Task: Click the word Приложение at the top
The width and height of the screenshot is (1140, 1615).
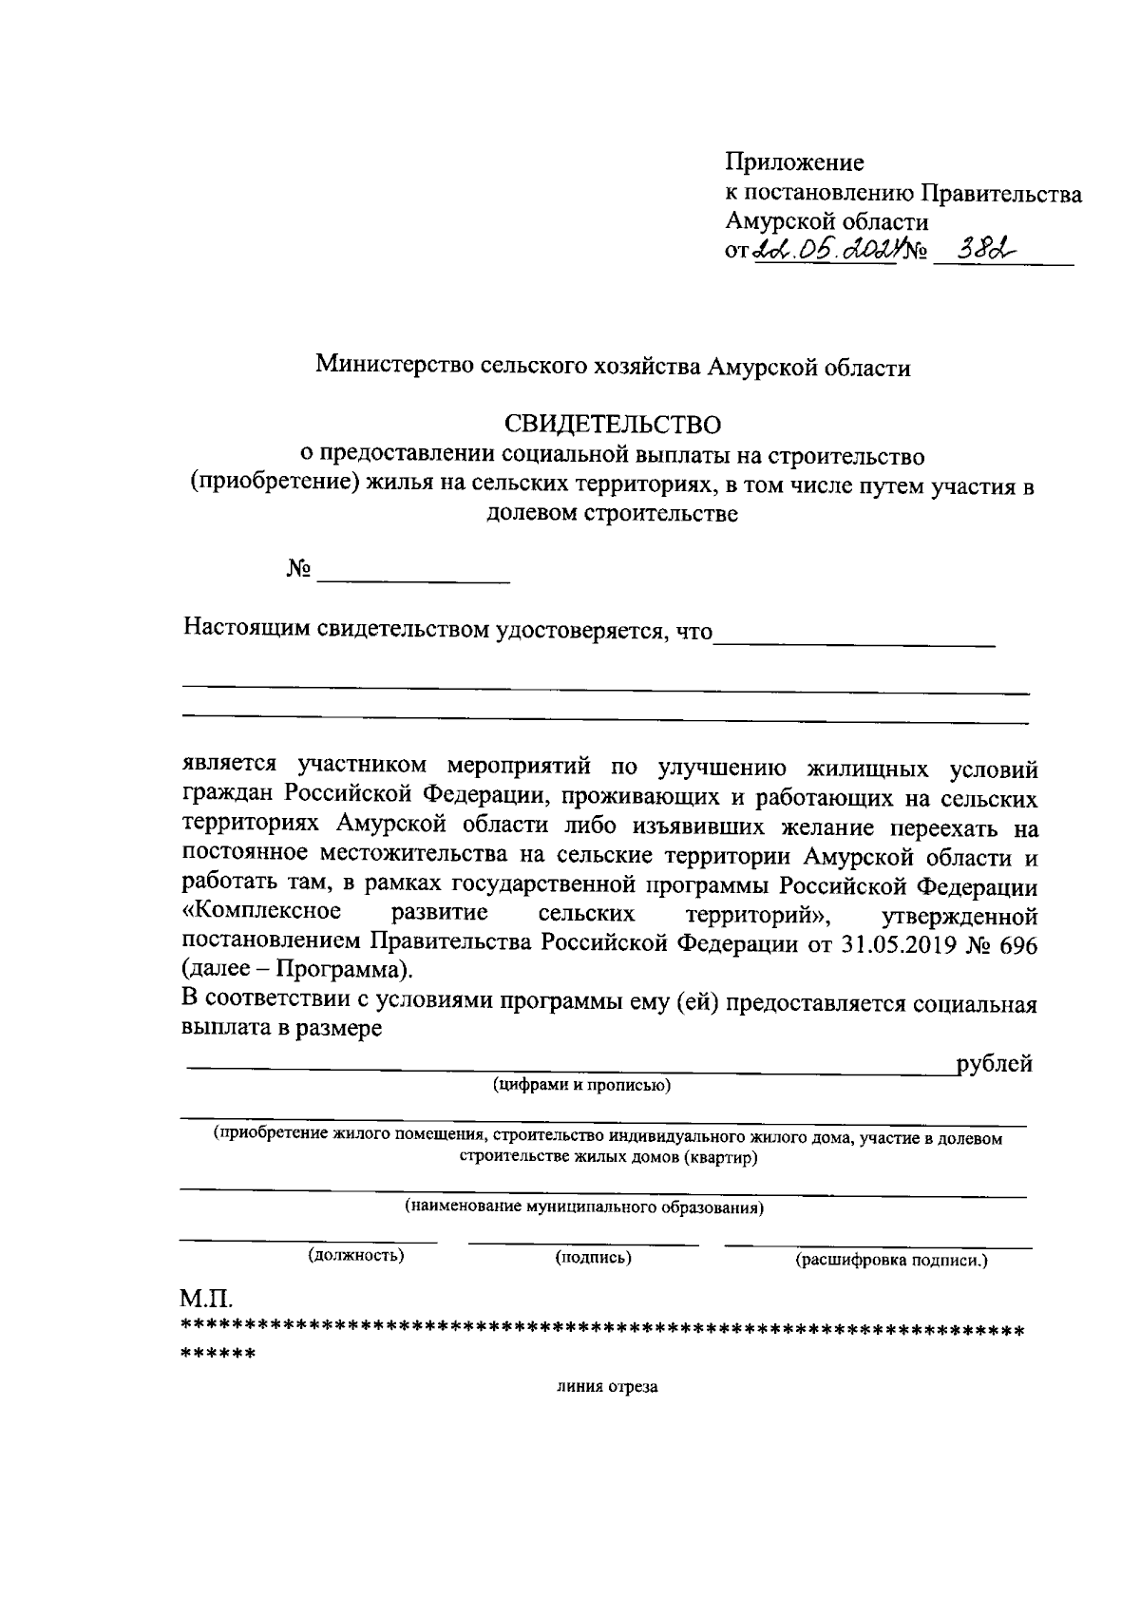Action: click(x=794, y=162)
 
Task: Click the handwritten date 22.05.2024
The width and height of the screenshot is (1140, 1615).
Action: click(x=825, y=251)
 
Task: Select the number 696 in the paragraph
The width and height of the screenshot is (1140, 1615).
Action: click(x=1017, y=944)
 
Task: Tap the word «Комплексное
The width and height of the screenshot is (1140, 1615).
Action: click(x=261, y=914)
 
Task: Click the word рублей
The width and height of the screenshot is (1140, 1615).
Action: click(x=995, y=1064)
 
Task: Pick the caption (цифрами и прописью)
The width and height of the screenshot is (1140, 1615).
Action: click(x=581, y=1086)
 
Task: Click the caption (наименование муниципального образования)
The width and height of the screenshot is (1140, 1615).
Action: click(x=585, y=1207)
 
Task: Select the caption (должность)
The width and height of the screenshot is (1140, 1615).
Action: click(x=356, y=1256)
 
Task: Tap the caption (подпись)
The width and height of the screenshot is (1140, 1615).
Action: click(x=594, y=1258)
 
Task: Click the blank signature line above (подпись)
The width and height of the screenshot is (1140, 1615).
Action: click(x=583, y=1243)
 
